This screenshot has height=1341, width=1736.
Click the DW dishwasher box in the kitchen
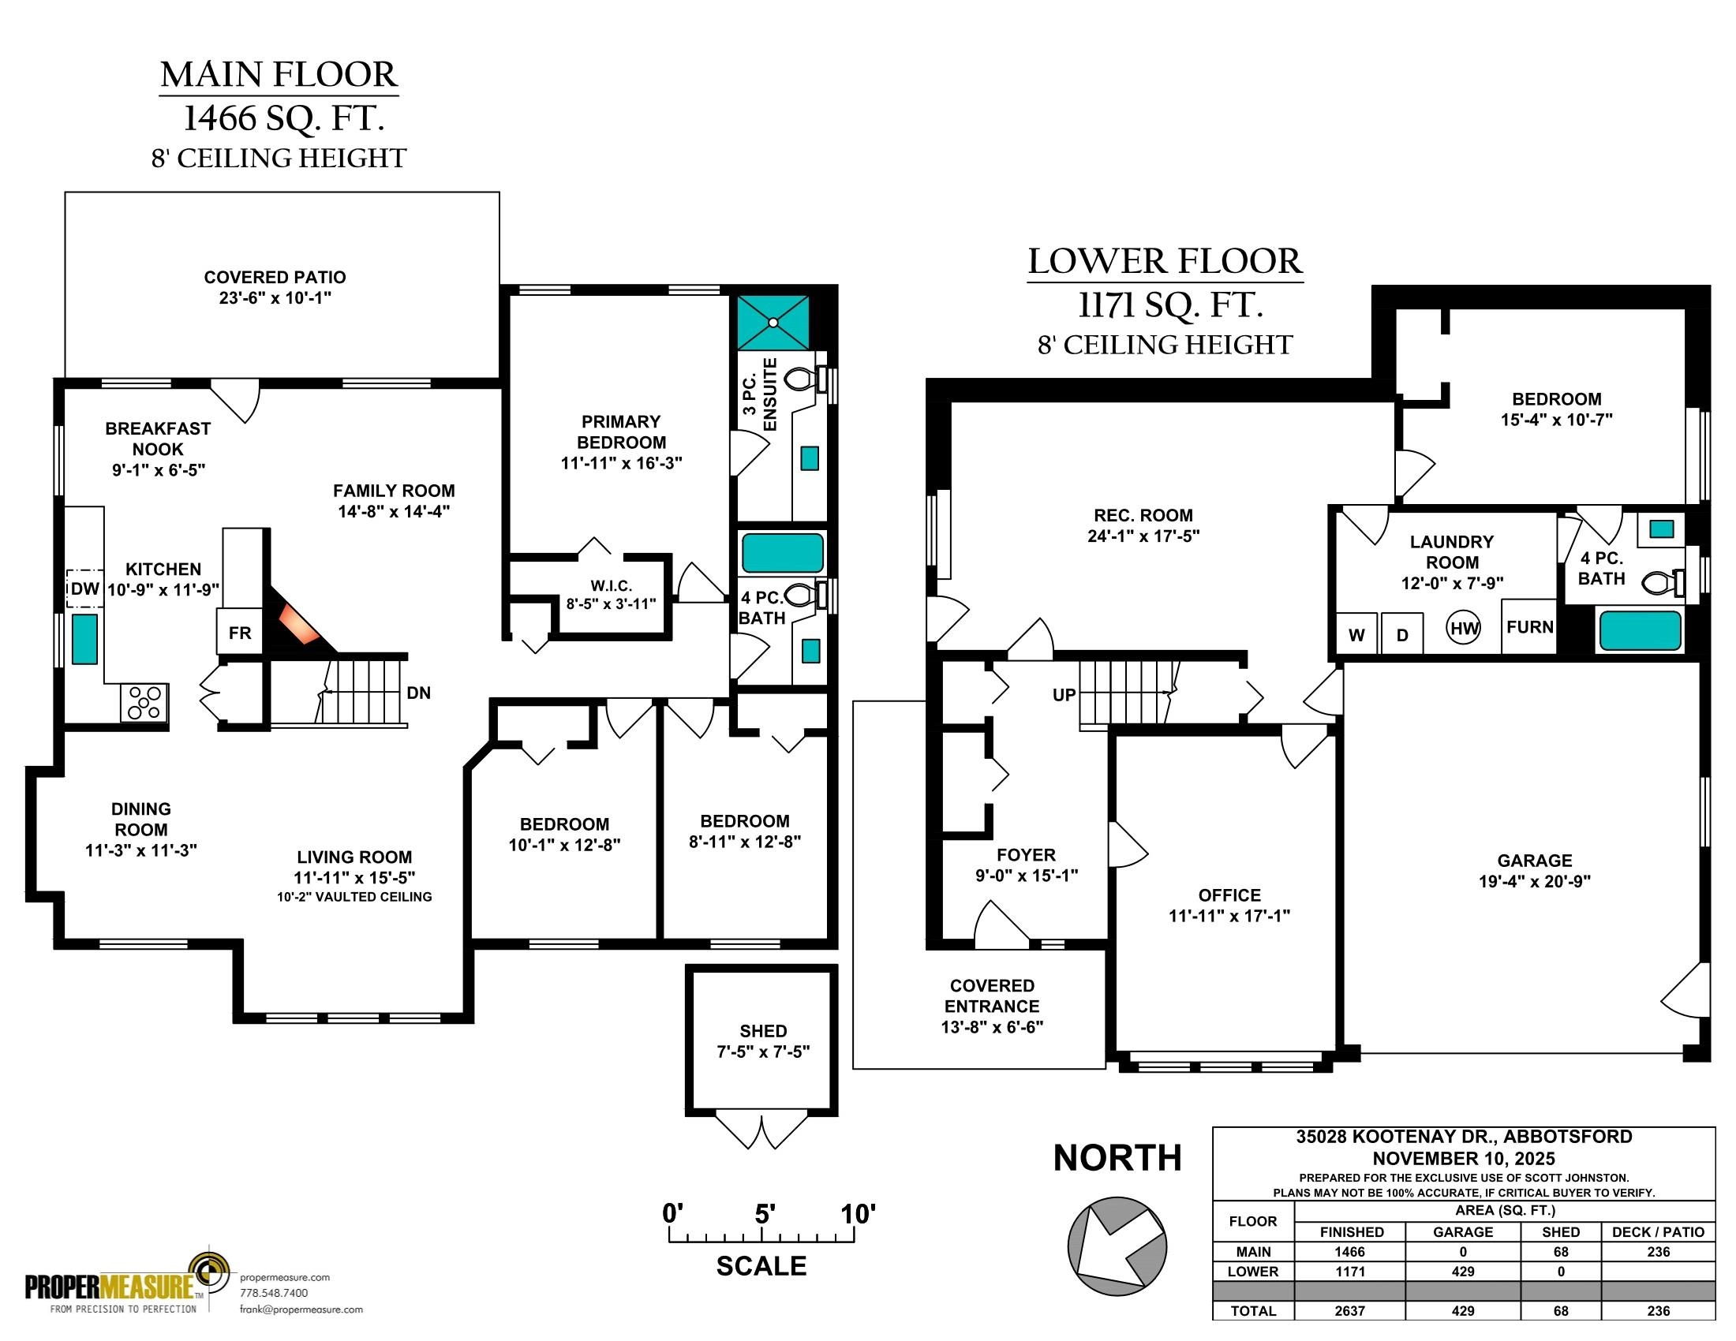84,588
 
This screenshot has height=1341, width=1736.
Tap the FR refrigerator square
239,633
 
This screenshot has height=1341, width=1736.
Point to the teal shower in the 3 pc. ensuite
773,323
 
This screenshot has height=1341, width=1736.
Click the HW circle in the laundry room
1464,629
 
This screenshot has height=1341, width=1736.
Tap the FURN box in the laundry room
1529,627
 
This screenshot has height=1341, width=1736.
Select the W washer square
1357,634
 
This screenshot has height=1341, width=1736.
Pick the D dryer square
1402,634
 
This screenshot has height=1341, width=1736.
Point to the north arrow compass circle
1117,1245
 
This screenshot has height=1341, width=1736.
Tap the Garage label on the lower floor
1534,861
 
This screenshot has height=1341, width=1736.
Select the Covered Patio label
275,277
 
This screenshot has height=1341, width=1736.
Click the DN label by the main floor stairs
419,693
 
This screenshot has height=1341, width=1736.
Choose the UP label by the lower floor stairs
1064,695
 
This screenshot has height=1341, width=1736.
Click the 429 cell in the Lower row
1462,1271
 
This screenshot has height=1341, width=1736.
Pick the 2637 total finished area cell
1349,1311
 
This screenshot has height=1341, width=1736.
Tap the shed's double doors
761,1131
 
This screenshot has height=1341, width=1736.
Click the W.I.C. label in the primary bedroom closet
612,586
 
